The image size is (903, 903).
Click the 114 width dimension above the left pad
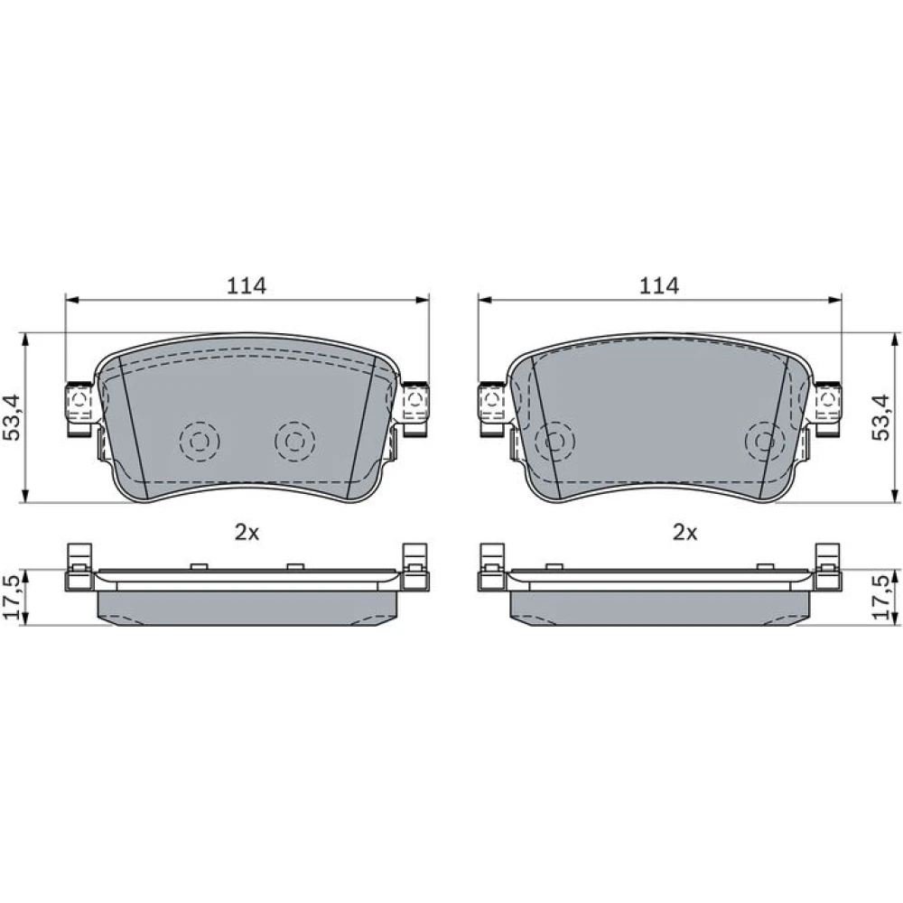[x=247, y=285]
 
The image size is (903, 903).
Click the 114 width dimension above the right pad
[x=659, y=285]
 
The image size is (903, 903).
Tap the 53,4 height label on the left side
[x=12, y=417]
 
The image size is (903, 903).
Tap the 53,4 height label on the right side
[x=880, y=417]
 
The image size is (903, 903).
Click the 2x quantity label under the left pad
[x=247, y=533]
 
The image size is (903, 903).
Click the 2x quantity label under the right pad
[x=685, y=533]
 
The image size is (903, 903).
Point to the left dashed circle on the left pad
[x=200, y=442]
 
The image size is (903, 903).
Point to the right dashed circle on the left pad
[x=295, y=442]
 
